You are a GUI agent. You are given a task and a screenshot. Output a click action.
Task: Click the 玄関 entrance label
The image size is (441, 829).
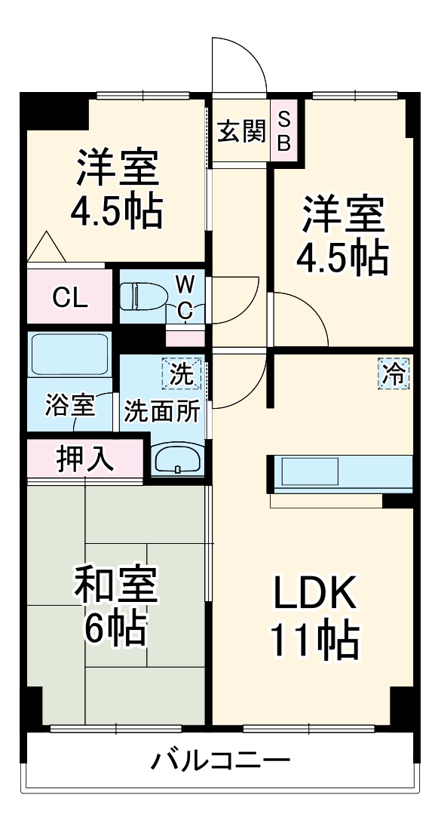[241, 133]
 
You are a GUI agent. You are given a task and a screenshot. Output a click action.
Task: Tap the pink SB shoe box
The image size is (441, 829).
[283, 131]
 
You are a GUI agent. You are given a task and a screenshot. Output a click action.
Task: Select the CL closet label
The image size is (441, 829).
[70, 297]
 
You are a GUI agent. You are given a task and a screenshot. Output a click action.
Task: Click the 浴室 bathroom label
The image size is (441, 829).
[69, 405]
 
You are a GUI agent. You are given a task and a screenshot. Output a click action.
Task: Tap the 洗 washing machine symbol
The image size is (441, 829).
[182, 373]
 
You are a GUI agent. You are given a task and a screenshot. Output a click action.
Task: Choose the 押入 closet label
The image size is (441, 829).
[84, 459]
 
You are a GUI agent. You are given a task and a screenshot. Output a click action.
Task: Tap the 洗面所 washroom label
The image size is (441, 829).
[162, 412]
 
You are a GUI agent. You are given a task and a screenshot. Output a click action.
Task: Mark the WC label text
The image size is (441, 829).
[185, 296]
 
